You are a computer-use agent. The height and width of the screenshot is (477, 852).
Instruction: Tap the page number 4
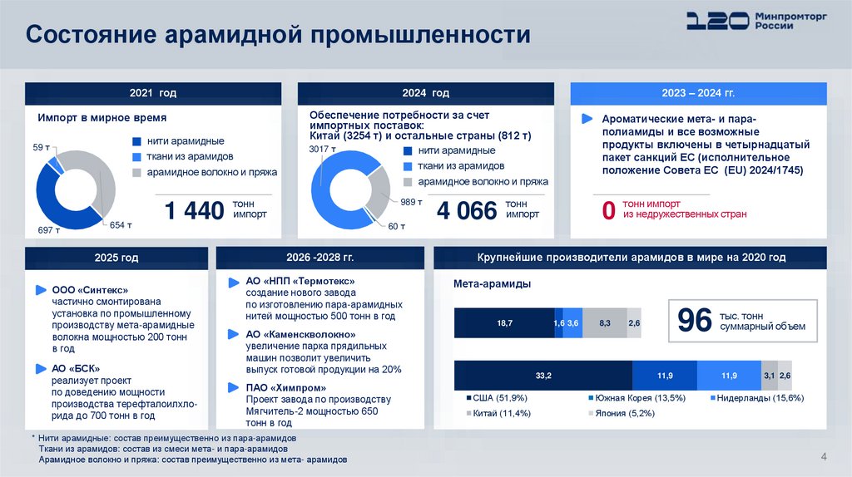tap(824, 455)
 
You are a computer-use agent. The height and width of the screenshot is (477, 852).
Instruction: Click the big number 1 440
tap(195, 211)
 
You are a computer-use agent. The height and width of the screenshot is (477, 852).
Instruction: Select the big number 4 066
tap(466, 211)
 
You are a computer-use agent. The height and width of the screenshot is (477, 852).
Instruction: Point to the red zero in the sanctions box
tap(608, 211)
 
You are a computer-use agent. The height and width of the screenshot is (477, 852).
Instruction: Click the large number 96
tap(696, 321)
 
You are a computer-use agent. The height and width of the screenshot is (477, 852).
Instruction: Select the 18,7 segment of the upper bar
tap(503, 322)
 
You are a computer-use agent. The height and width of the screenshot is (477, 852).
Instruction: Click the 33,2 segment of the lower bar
tap(542, 376)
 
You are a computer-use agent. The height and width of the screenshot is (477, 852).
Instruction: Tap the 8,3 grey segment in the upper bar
tap(604, 322)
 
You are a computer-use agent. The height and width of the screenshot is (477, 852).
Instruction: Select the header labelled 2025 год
tap(117, 258)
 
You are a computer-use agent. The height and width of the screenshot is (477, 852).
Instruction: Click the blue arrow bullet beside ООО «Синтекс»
tap(40, 290)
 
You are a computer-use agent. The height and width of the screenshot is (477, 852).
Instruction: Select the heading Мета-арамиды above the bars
tap(492, 284)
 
